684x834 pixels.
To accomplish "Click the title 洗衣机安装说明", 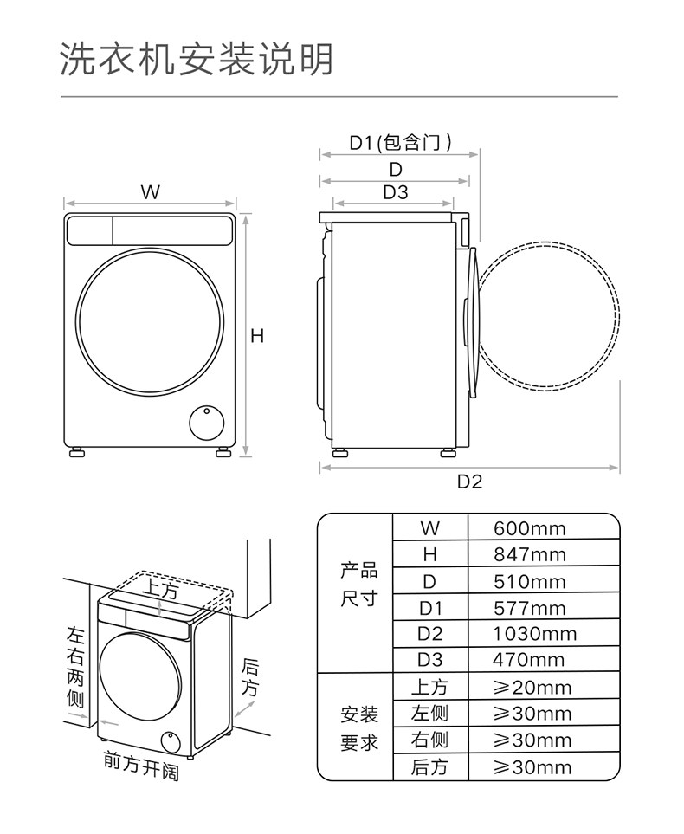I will click(197, 60).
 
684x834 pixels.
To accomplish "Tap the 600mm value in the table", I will click(529, 528).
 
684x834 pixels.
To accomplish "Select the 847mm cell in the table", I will click(529, 554).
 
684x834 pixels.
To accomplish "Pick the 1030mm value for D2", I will click(534, 634).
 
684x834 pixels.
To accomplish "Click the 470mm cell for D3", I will click(528, 661).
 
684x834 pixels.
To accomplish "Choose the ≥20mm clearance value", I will click(532, 688).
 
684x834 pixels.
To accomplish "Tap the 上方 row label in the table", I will click(429, 688).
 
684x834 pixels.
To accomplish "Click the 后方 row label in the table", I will click(429, 766).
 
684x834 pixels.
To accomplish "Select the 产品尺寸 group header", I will click(358, 585).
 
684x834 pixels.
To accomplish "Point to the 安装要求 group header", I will click(358, 728).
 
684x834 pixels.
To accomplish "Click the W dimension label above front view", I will click(151, 193).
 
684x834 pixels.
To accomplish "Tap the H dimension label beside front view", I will click(257, 336).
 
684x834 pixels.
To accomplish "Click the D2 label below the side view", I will click(469, 482).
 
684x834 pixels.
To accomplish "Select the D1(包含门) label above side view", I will click(399, 142).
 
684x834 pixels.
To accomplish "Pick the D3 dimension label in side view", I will click(396, 192).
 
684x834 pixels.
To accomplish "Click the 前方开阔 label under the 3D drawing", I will click(141, 766).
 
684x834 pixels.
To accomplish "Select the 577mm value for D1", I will click(529, 608).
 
